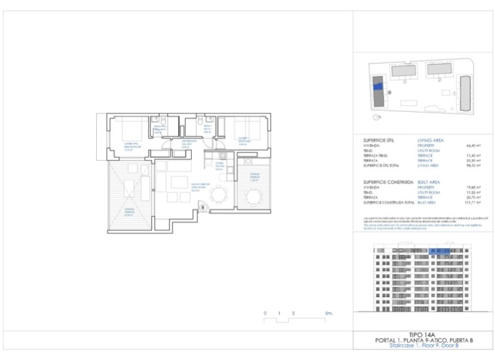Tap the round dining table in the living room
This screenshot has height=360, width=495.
pos(218,195)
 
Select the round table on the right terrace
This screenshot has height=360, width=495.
pos(254,197)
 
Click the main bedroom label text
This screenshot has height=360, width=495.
pos(131,147)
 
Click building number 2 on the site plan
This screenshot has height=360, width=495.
pos(438,80)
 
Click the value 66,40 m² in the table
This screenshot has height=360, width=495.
pos(480,145)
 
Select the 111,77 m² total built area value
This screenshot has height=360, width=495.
pos(479,201)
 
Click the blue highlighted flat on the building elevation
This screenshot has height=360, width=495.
pos(440,251)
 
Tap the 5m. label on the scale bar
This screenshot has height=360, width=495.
pos(329,312)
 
